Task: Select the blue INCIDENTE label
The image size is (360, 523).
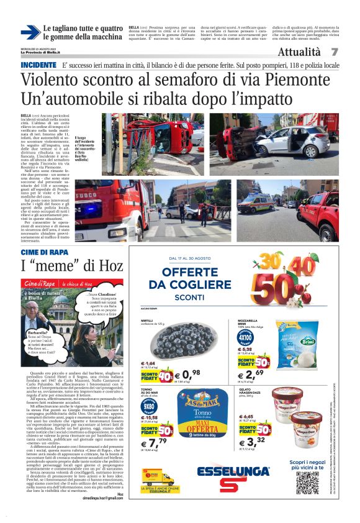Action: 38,65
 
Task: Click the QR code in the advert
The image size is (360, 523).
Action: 308,483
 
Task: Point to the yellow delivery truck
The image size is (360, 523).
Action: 158,478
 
